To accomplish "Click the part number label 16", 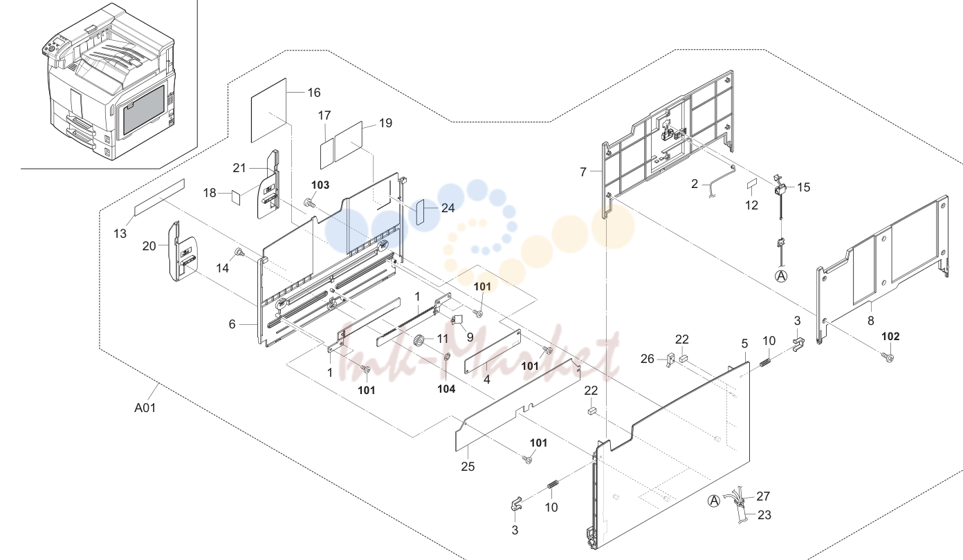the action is pyautogui.click(x=314, y=93).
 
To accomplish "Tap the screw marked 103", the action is pyautogui.click(x=309, y=203).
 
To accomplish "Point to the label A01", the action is pyautogui.click(x=145, y=407).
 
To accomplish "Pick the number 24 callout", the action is pyautogui.click(x=448, y=208).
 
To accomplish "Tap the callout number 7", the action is pyautogui.click(x=583, y=172).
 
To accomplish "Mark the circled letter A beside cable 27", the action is pyautogui.click(x=714, y=501).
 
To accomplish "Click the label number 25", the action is pyautogui.click(x=468, y=466).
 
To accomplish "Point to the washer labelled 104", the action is pyautogui.click(x=447, y=357).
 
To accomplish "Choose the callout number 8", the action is pyautogui.click(x=870, y=321).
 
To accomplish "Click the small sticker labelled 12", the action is pyautogui.click(x=751, y=185).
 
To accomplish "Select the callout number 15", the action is pyautogui.click(x=803, y=187).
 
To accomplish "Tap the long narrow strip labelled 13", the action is pyautogui.click(x=160, y=197).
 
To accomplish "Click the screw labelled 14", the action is pyautogui.click(x=239, y=253).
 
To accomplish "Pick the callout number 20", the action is pyautogui.click(x=149, y=246).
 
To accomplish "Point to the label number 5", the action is pyautogui.click(x=744, y=344).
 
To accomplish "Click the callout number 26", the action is pyautogui.click(x=648, y=359).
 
